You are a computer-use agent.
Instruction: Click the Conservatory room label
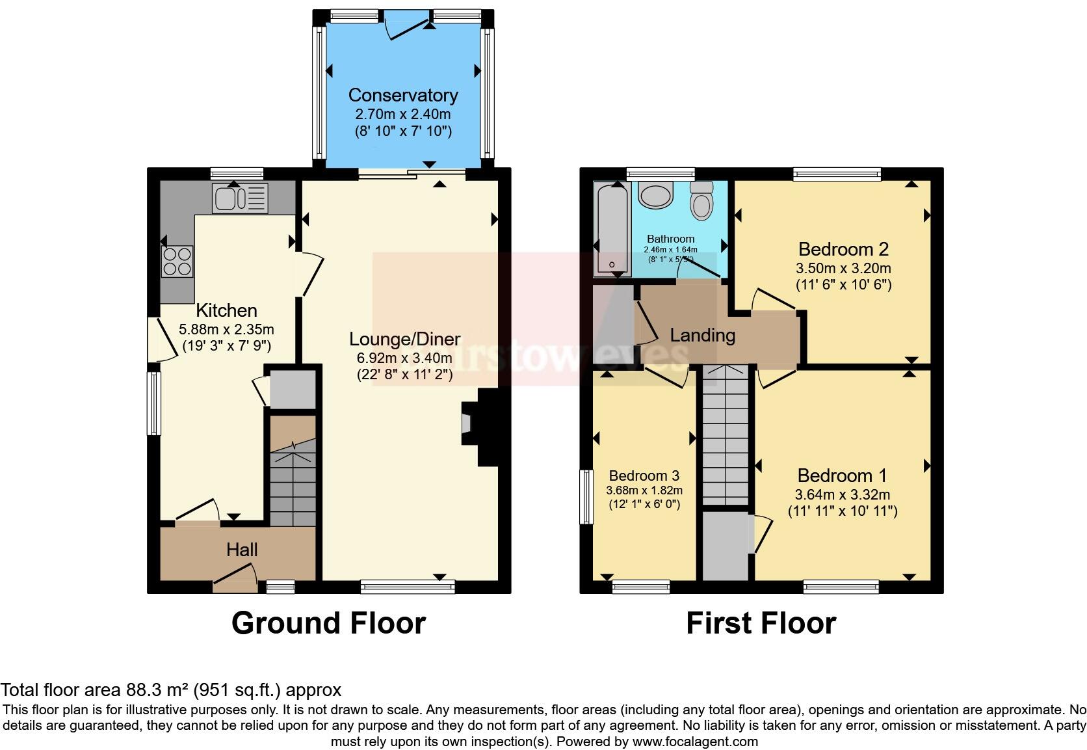pos(403,95)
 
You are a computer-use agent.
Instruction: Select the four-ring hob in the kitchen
pos(177,261)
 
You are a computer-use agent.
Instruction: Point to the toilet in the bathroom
pos(701,199)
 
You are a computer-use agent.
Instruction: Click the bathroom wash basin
pos(655,194)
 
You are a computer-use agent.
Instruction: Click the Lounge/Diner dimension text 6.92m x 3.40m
pos(404,358)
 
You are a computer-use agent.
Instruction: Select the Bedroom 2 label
pos(843,249)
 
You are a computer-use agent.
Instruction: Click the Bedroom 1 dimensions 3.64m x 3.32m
pos(843,494)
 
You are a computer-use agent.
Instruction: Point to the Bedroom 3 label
pos(644,475)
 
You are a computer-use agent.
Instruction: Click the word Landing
pos(702,336)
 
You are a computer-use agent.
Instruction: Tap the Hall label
pos(242,550)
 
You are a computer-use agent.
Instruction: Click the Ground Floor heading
pos(328,623)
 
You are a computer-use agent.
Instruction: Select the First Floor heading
pos(761,623)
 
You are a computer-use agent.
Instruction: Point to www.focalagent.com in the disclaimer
pos(694,741)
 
